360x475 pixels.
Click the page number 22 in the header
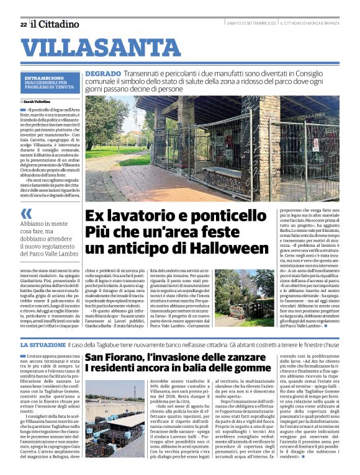pos(23,24)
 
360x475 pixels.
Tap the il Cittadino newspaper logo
pos(55,24)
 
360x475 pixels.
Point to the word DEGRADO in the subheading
pos(103,73)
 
